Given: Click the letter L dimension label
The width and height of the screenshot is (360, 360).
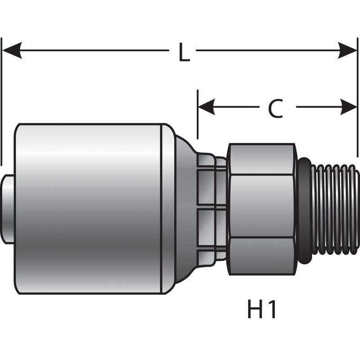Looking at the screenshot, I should coord(183,53).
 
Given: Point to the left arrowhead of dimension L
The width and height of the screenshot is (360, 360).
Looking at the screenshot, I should coord(12,50).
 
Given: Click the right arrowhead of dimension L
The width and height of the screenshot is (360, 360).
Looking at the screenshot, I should coord(348,50).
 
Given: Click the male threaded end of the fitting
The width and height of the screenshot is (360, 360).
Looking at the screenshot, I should coord(337,209).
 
